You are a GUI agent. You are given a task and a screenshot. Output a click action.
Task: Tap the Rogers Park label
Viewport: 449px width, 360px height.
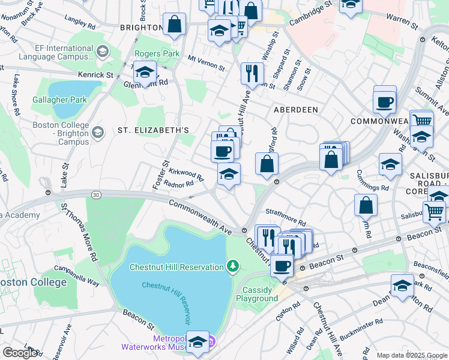(x=157, y=53)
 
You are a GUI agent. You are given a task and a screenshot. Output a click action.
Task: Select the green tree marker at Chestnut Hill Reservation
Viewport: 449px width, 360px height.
(x=233, y=266)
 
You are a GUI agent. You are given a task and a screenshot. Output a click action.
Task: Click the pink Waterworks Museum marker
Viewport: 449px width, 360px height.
(x=211, y=343)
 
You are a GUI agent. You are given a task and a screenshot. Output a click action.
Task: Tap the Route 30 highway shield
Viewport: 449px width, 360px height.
(x=96, y=194)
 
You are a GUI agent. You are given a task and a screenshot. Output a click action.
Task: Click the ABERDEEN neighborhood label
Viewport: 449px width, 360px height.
(x=295, y=110)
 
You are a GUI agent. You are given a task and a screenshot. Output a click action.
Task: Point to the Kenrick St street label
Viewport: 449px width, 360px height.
(x=95, y=75)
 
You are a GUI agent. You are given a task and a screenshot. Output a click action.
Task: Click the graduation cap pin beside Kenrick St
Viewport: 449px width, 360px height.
(x=145, y=73)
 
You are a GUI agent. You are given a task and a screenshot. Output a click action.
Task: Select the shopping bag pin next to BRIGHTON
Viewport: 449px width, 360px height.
(x=175, y=25)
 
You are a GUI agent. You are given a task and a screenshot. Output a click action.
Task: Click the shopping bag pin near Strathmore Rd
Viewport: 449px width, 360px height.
(x=366, y=205)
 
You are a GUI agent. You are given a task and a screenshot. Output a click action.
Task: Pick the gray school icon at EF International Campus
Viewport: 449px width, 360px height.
(x=101, y=52)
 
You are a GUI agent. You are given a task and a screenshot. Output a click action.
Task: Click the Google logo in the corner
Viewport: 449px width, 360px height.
(x=20, y=353)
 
